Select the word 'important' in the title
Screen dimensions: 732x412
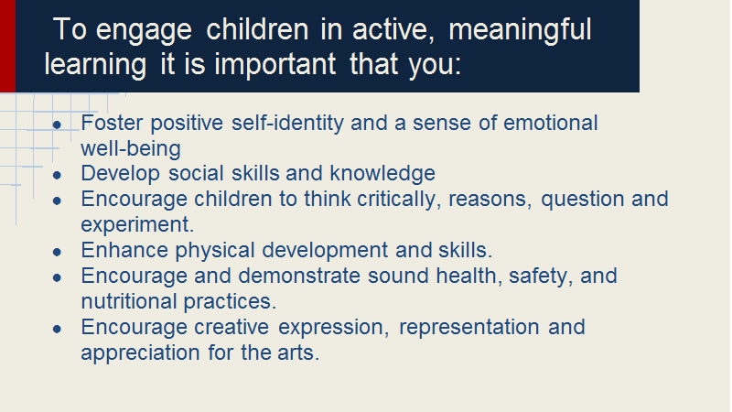pyautogui.click(x=275, y=65)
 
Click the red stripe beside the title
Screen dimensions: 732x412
pyautogui.click(x=7, y=46)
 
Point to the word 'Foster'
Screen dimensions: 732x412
pyautogui.click(x=112, y=123)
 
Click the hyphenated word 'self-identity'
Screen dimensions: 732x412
pyautogui.click(x=287, y=124)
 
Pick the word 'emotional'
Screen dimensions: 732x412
pyautogui.click(x=551, y=123)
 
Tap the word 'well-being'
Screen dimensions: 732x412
pyautogui.click(x=131, y=149)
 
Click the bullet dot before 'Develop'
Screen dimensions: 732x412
pyautogui.click(x=57, y=176)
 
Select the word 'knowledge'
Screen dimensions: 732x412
pyautogui.click(x=382, y=174)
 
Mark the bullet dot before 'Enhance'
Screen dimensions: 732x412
pyautogui.click(x=57, y=253)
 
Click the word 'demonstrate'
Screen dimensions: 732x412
pyautogui.click(x=299, y=276)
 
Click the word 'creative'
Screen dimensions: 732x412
pyautogui.click(x=231, y=327)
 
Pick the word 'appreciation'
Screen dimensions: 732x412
pyautogui.click(x=140, y=353)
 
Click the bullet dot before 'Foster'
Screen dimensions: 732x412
pyautogui.click(x=57, y=125)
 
